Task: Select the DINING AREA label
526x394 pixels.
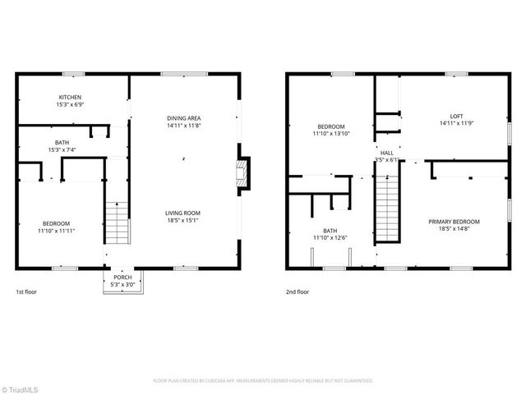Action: click(x=184, y=118)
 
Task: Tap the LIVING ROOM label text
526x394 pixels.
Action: click(x=183, y=213)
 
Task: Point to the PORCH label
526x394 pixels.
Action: click(x=122, y=277)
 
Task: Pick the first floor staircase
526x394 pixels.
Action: click(x=118, y=222)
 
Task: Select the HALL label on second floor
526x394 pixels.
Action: click(x=386, y=153)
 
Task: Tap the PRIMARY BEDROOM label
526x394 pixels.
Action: click(x=454, y=222)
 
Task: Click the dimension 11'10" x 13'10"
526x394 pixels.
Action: click(x=332, y=133)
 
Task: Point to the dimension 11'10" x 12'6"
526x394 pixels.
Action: click(x=330, y=238)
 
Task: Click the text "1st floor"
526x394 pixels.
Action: click(x=26, y=291)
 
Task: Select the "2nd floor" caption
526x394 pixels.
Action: click(x=298, y=291)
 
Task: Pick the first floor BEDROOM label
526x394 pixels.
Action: click(x=57, y=223)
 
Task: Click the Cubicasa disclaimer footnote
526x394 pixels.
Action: click(x=263, y=381)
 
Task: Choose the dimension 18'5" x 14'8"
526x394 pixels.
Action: click(x=454, y=229)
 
